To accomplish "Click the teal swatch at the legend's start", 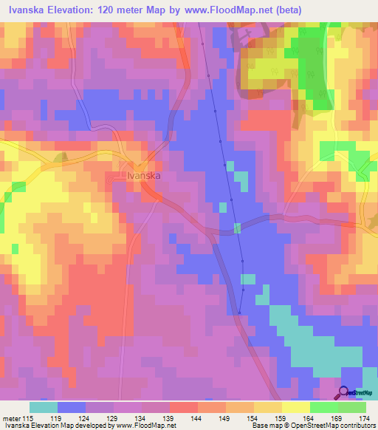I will click(x=44, y=408).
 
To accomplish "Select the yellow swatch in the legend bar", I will click(x=295, y=408).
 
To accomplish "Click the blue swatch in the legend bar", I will click(x=72, y=408).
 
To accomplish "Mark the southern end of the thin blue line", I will click(x=240, y=313).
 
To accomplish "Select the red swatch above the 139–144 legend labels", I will click(x=183, y=408).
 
